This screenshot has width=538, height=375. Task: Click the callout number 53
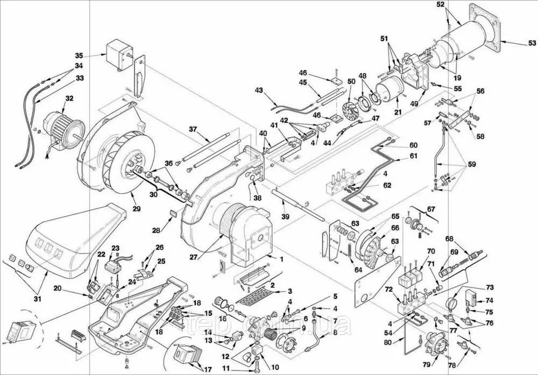[530, 43]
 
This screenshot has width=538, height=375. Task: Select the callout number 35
[79, 55]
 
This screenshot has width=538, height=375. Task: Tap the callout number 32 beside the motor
[69, 98]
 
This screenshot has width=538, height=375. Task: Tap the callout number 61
[413, 156]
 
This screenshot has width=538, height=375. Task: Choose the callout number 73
[489, 288]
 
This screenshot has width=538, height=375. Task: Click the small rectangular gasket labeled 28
[174, 213]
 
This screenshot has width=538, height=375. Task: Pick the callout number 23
[115, 249]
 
